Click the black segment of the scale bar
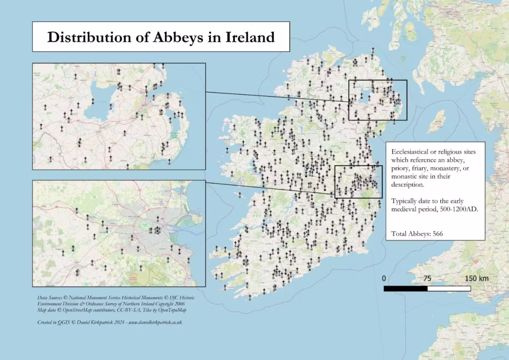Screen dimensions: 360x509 click(x=406, y=288)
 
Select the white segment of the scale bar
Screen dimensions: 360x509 click(x=449, y=288)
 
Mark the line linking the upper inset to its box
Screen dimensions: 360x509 click(x=278, y=96)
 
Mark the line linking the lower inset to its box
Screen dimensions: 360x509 click(x=271, y=187)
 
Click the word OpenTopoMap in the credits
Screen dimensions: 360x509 click(x=169, y=310)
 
